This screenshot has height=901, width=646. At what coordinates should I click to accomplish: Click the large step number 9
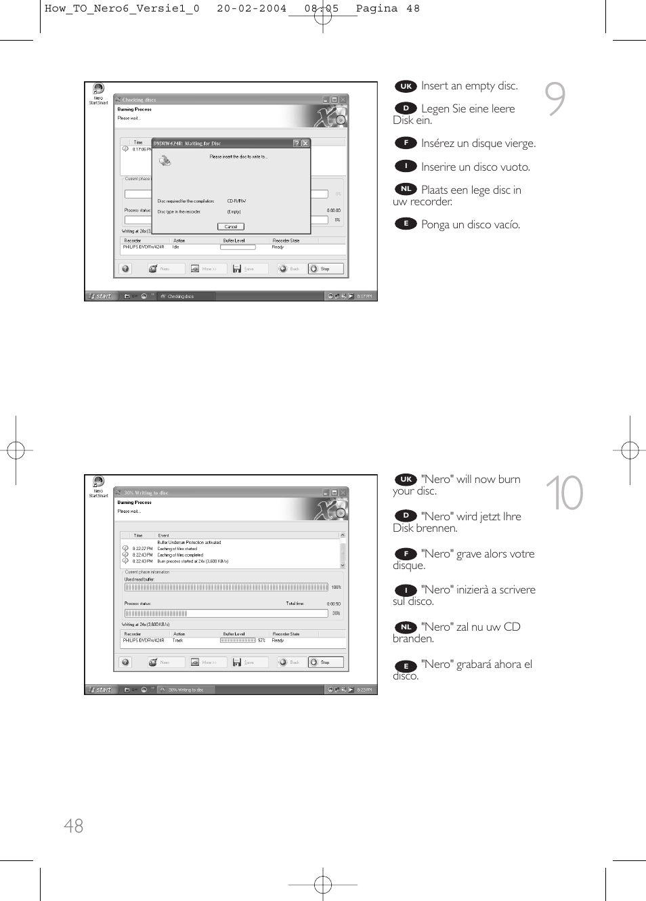click(x=555, y=99)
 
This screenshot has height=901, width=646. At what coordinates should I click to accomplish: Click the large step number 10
click(x=564, y=493)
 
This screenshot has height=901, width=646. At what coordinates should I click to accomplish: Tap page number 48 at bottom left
click(x=73, y=825)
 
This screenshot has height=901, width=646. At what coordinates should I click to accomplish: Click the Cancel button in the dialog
click(x=230, y=226)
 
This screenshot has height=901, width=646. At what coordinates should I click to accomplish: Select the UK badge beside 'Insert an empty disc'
click(x=406, y=86)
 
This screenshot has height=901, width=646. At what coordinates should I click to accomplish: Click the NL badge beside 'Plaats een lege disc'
click(x=406, y=189)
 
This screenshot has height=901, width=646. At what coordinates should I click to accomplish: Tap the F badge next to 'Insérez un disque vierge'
click(x=406, y=143)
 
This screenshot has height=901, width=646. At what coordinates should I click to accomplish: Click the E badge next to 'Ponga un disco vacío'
click(x=406, y=224)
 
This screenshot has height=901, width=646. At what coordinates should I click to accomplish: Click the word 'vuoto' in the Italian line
click(x=514, y=167)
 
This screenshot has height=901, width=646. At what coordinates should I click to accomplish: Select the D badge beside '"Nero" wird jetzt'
click(x=406, y=516)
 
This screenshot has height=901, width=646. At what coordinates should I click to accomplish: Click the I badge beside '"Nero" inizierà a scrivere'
click(x=406, y=590)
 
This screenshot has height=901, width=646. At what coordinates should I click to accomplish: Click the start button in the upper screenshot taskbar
click(x=101, y=296)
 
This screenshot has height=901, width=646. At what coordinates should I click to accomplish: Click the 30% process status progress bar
click(x=226, y=613)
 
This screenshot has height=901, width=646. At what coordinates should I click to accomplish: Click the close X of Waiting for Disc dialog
click(x=305, y=143)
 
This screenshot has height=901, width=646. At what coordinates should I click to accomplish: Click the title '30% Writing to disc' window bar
click(x=203, y=493)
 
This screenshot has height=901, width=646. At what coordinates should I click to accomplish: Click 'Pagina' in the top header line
click(x=376, y=9)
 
